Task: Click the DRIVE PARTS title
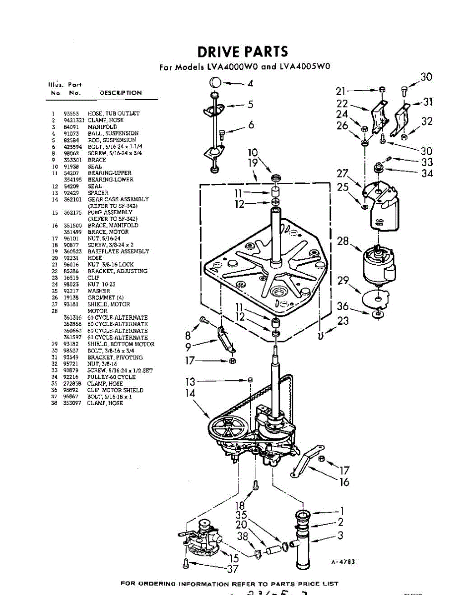point(242,52)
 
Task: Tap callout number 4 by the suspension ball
point(250,84)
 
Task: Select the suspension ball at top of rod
point(215,82)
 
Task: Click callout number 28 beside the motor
point(343,241)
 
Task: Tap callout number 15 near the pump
point(232,558)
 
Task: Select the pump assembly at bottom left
point(202,538)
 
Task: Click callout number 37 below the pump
point(232,569)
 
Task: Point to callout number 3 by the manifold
point(340,535)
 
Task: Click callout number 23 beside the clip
point(343,321)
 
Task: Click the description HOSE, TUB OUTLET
point(114,114)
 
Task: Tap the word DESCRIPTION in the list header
point(121,93)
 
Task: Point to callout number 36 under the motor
point(343,306)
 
